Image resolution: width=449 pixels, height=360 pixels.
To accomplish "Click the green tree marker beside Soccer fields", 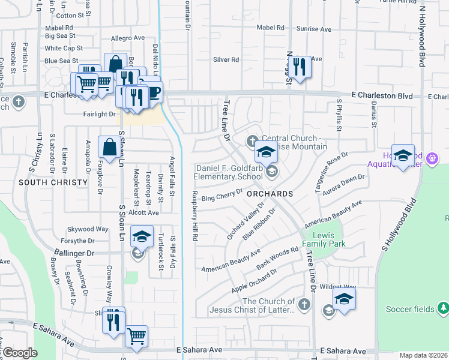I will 443,308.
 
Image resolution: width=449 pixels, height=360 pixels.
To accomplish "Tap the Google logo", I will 19,353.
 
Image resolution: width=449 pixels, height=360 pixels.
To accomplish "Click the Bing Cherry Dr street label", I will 221,194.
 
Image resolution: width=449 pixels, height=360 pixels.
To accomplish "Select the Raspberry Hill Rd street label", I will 195,217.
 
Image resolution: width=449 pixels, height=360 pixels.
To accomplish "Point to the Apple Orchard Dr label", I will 255,281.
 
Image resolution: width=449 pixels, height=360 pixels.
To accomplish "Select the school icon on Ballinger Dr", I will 141,238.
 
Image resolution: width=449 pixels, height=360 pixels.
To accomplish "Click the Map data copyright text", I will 424,355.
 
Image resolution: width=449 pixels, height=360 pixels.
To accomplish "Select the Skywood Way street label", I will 88,229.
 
